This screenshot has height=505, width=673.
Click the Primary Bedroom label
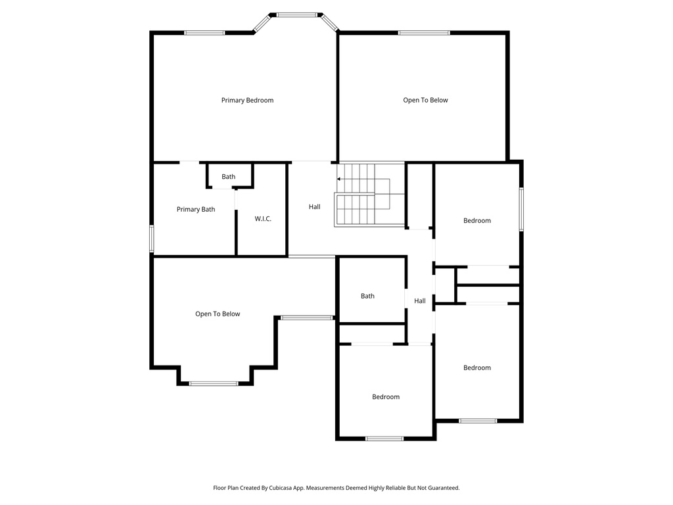pos(247,101)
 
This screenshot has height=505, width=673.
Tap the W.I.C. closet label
pos(263,219)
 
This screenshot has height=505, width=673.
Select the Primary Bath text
pos(196,210)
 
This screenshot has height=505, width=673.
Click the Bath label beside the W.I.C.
pos(228,177)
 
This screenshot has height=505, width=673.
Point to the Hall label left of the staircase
pos(315,207)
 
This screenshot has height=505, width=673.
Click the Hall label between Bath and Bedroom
pos(420,301)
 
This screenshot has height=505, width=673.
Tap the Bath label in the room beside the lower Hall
pos(367,297)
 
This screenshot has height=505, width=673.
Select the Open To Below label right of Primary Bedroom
pos(425,101)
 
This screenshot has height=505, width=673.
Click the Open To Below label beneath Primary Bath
pos(218,314)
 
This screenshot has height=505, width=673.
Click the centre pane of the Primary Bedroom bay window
pos(296,14)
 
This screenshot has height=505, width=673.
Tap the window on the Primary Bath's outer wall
pos(152,239)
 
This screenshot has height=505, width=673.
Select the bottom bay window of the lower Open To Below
pos(214,383)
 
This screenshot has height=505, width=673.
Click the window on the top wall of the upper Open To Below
pos(424,32)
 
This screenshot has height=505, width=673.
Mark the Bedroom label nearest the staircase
pos(477,221)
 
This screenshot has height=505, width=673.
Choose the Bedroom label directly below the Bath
pos(386,397)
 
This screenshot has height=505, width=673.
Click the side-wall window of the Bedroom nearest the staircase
pos(521,209)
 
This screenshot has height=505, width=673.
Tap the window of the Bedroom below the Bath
pos(384,438)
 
